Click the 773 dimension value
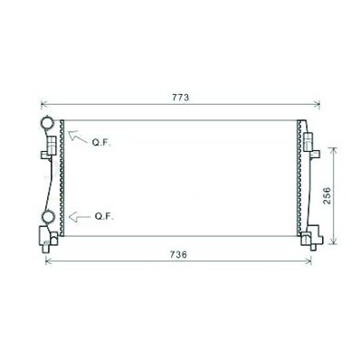(x=181, y=98)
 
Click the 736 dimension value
(x=178, y=255)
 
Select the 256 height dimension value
(x=327, y=195)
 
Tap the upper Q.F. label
(x=101, y=143)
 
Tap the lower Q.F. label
(x=104, y=216)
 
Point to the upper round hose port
(x=47, y=122)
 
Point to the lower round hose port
(x=48, y=217)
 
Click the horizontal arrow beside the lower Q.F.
(x=80, y=217)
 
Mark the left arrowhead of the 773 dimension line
(x=42, y=104)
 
